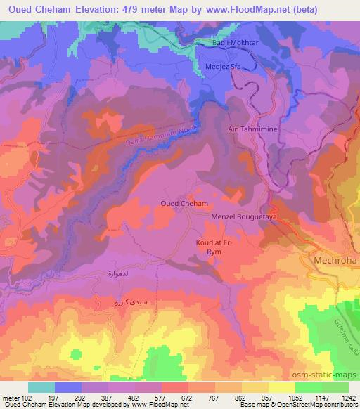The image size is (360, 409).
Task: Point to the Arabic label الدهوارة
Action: point(121,273)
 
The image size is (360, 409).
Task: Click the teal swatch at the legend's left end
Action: point(41,387)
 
